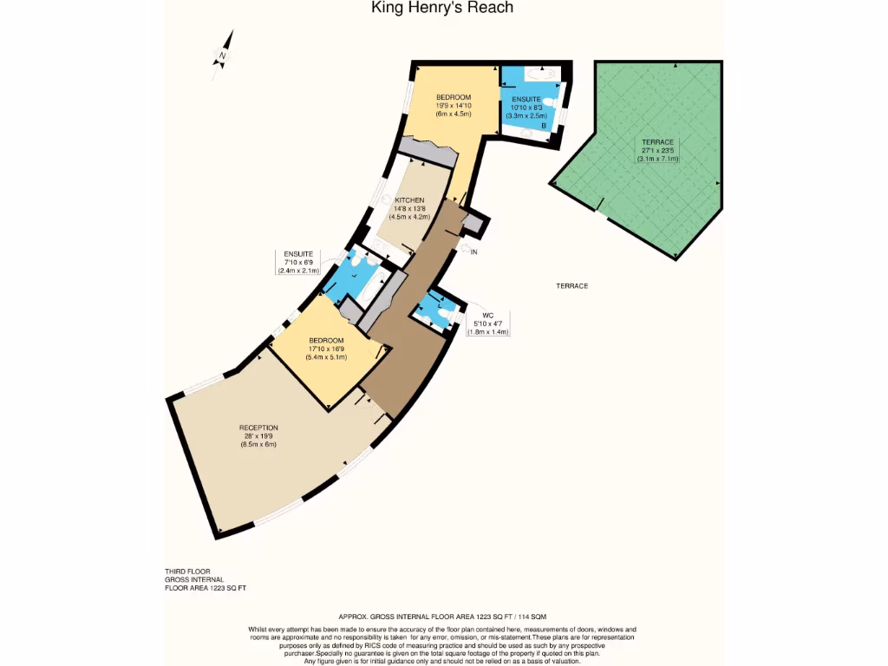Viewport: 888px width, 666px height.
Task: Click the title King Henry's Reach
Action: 442,8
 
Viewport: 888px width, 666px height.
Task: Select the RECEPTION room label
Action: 258,428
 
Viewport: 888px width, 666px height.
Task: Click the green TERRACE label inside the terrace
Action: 657,142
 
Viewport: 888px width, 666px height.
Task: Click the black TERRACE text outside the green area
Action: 572,285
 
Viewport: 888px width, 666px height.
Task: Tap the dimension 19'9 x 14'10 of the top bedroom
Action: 453,105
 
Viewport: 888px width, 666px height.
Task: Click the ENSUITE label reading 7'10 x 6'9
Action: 298,253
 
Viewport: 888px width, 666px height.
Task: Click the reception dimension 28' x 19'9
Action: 258,436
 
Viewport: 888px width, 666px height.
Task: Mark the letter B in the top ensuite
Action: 544,126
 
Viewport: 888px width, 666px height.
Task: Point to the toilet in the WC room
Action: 444,318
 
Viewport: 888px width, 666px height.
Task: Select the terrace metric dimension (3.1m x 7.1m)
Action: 657,159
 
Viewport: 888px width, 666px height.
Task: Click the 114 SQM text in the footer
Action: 527,615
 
